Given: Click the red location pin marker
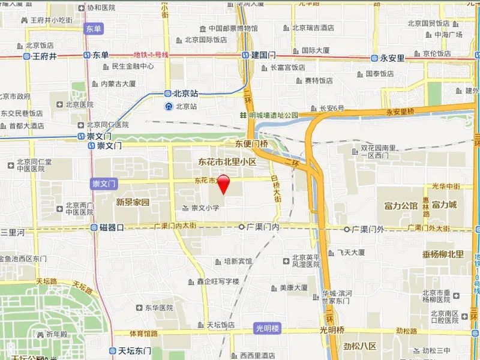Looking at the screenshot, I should [x=223, y=182].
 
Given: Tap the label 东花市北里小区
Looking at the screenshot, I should [x=227, y=162].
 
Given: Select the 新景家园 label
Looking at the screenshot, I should [x=133, y=202].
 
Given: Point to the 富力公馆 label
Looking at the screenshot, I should [x=401, y=205].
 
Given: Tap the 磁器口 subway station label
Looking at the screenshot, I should [x=111, y=227].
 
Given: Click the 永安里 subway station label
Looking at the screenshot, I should [x=392, y=58].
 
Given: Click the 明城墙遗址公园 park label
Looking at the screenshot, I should [x=273, y=115].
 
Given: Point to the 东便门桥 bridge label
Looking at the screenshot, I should [x=250, y=143].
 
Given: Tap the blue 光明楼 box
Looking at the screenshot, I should [x=268, y=329].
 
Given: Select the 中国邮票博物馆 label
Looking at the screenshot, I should [x=233, y=28].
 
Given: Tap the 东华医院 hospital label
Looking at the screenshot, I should [x=158, y=307].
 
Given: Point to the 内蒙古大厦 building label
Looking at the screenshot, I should [x=118, y=83].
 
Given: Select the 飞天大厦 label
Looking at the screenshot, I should [x=352, y=253].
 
